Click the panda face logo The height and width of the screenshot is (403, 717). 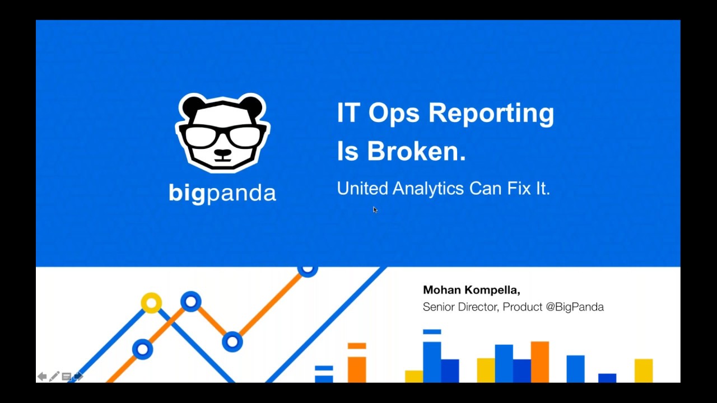coord(223,133)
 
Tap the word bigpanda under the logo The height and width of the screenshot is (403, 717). coord(222,193)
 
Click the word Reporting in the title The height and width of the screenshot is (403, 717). coord(491,113)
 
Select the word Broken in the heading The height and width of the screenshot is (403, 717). coord(416,151)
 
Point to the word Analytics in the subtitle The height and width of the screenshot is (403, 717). coord(428,189)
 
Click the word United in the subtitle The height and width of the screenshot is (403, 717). coord(362,189)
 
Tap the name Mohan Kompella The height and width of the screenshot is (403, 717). coord(471,290)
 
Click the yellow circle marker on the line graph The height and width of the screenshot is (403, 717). coord(151,303)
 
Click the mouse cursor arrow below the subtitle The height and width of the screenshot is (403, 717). coord(375,210)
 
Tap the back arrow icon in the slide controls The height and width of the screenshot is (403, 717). coord(42,377)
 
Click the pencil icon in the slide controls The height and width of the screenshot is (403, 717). coord(54,377)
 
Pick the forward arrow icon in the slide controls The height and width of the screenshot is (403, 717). coord(78,377)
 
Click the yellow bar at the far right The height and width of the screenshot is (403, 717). coord(644,371)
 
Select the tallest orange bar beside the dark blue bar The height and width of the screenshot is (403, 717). coord(540,362)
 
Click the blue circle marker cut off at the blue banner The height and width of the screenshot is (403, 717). coord(308,271)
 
